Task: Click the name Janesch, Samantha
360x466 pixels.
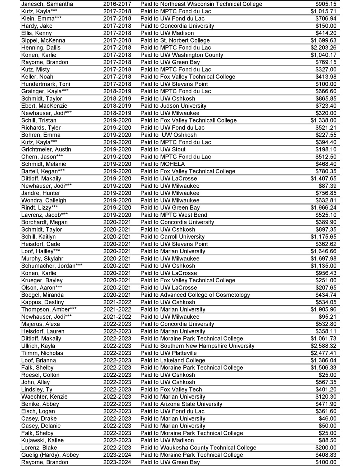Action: tap(47, 4)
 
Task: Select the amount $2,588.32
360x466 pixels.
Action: tap(323, 346)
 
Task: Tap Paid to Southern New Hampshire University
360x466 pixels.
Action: tap(197, 346)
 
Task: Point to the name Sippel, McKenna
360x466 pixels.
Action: tap(43, 40)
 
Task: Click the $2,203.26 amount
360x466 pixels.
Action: tap(323, 48)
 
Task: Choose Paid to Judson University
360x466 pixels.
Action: tap(173, 106)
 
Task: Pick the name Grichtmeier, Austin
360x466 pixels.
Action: tap(46, 149)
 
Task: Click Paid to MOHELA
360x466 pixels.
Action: tap(162, 164)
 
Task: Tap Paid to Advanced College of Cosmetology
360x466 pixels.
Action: tap(195, 295)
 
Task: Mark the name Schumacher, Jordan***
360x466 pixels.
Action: tap(52, 266)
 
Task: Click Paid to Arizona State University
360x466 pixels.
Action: tap(181, 404)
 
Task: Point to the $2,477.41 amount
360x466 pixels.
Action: tap(323, 353)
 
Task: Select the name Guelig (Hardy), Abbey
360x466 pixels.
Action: tap(50, 455)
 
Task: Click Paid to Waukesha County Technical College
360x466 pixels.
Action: tap(198, 448)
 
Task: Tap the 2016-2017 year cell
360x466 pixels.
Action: tap(117, 4)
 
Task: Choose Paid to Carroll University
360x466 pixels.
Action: tap(172, 237)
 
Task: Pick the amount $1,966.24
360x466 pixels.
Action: tap(323, 207)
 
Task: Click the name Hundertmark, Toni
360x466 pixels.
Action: tap(46, 84)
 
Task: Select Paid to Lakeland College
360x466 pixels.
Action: tap(173, 360)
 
